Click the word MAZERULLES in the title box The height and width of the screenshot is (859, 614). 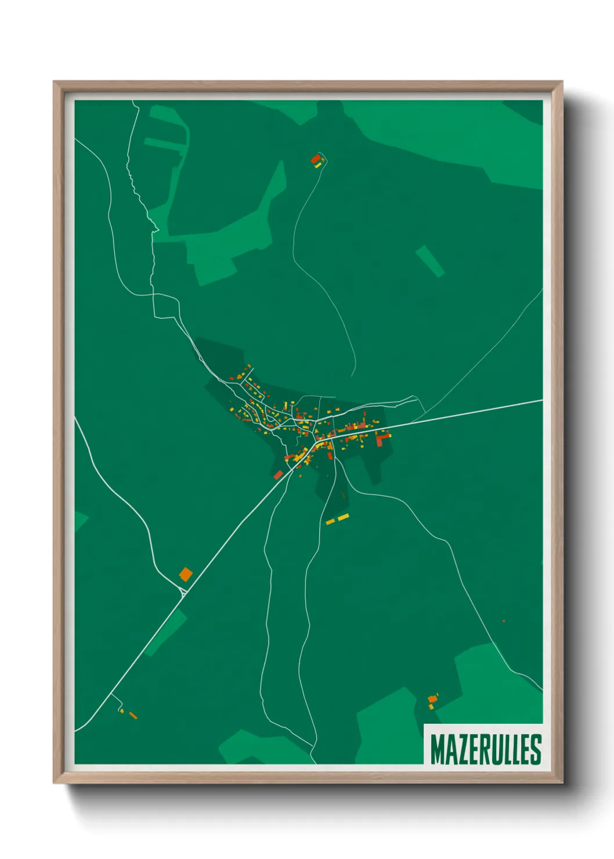[x=486, y=749]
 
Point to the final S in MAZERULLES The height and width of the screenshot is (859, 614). [x=536, y=749]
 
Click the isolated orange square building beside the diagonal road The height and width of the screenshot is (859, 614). [x=185, y=575]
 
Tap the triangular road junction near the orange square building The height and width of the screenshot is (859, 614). [x=183, y=591]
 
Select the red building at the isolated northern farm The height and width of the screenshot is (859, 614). [x=315, y=158]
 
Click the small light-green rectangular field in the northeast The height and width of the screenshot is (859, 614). [x=430, y=261]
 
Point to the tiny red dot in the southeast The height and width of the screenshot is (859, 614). [x=504, y=621]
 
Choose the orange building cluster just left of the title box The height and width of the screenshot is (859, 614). [x=432, y=701]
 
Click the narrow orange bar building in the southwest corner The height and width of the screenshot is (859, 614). [x=133, y=716]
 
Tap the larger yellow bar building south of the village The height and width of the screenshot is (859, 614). [x=344, y=517]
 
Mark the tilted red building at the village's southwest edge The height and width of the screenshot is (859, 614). [x=278, y=475]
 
